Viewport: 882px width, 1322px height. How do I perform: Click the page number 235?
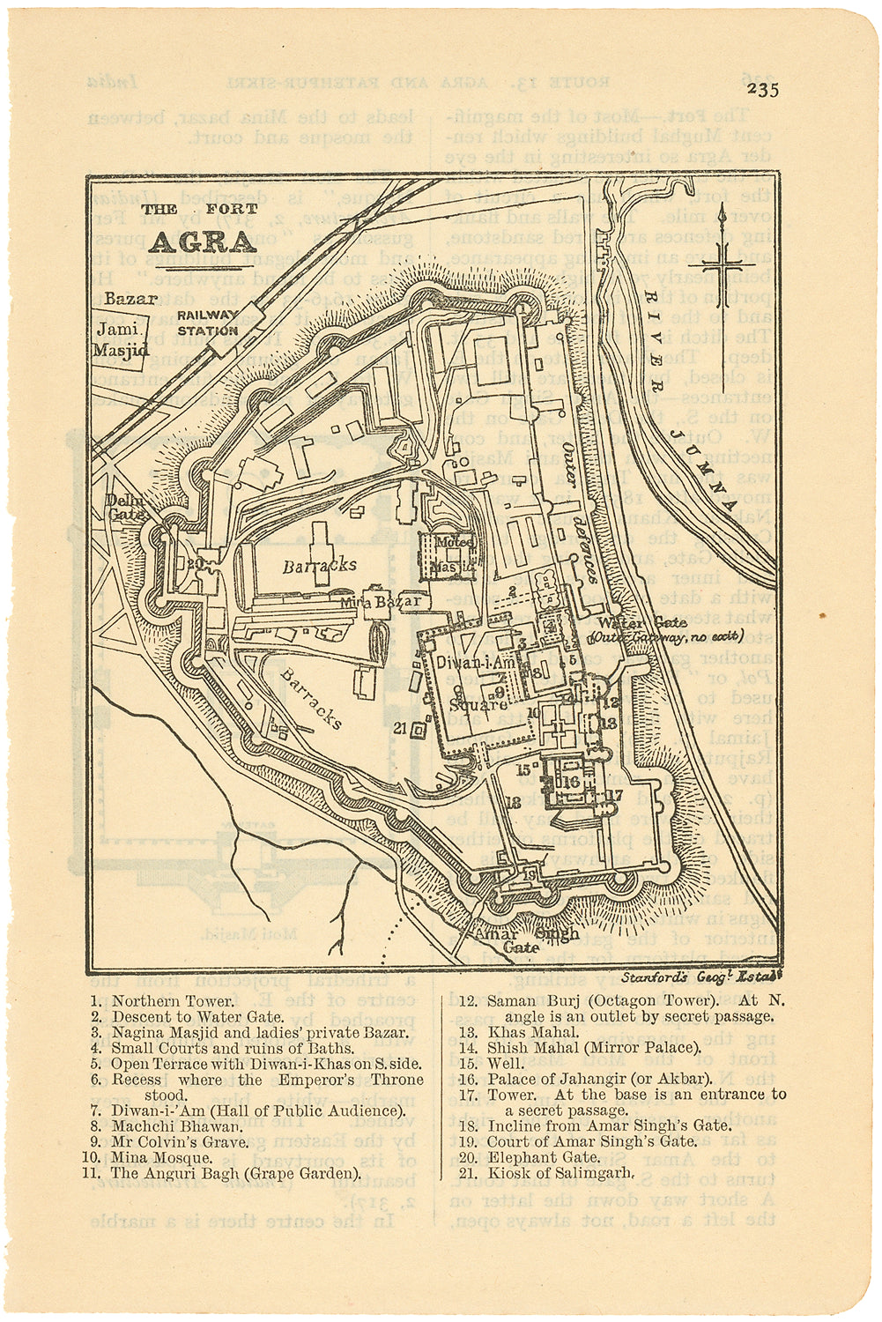[761, 89]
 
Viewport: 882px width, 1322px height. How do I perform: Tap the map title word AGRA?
[202, 241]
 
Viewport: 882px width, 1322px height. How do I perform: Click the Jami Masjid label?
[121, 339]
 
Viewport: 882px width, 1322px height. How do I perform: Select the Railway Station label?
[207, 323]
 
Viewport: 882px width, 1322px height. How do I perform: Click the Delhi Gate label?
[123, 507]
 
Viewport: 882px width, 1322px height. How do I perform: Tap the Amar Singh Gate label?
[525, 940]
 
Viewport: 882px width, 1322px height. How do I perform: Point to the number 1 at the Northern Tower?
[521, 309]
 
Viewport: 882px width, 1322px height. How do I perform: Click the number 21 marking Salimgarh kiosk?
[399, 727]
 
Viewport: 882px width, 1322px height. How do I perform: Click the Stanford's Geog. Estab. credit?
[700, 977]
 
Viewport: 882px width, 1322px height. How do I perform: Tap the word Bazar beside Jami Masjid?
[130, 299]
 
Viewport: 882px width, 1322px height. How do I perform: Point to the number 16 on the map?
[571, 781]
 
